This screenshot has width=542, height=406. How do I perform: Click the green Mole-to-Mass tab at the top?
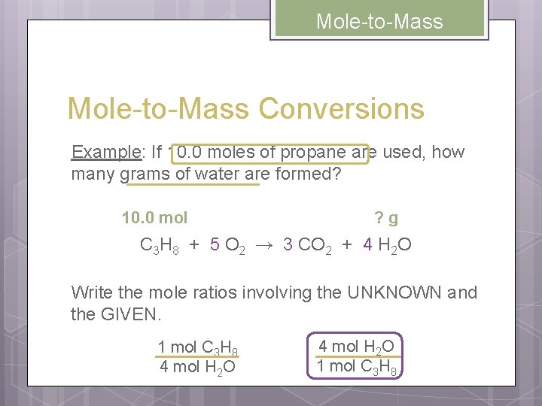coord(379,20)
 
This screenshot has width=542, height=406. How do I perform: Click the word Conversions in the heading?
coord(342,109)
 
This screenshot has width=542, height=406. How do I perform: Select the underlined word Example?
coord(106,153)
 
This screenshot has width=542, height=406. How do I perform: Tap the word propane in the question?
coord(313,153)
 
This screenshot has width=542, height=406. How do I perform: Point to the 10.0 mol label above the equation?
coord(154,218)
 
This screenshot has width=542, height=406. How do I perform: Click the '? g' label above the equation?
coord(386,218)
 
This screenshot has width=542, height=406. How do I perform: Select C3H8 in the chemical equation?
coord(160,246)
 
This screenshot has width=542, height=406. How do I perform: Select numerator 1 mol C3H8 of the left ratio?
coord(197,347)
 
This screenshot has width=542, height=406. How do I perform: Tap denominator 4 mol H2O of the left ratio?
coord(197,367)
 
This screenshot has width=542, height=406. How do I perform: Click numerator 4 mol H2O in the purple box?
coord(356,346)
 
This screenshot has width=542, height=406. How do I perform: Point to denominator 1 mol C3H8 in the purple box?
coord(356,367)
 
